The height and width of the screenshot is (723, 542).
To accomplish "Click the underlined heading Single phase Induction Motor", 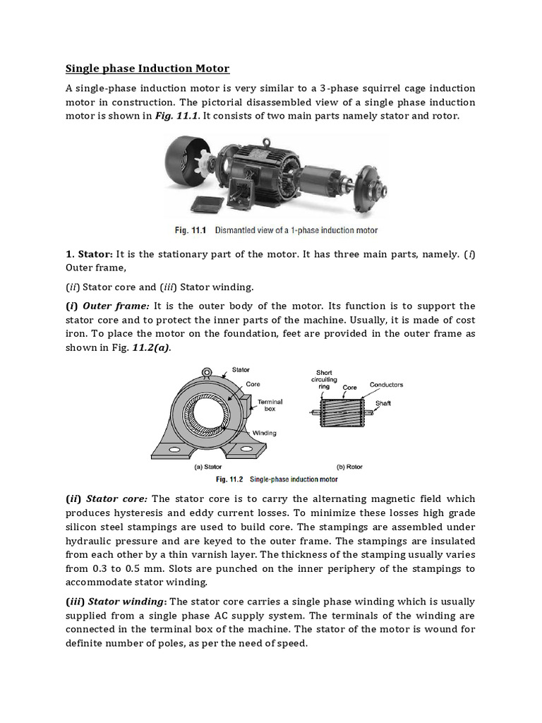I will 147,68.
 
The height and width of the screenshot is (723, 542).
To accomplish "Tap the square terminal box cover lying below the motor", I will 206,203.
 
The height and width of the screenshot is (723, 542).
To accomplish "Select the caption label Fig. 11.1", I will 191,230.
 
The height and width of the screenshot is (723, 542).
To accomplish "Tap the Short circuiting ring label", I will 325,379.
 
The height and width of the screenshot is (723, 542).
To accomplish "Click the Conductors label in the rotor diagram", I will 386,385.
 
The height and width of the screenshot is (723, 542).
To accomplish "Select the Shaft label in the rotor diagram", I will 383,403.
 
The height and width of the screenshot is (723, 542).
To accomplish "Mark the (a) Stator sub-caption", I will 208,466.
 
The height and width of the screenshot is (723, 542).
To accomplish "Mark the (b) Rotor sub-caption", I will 349,466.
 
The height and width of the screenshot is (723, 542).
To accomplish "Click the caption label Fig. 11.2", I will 230,479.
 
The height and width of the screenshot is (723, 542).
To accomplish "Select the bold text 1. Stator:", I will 89,253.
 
